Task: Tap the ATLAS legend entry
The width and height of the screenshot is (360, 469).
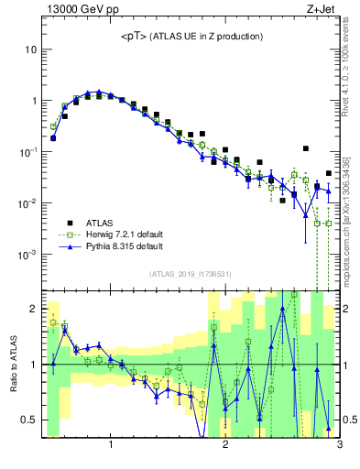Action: [x=101, y=222]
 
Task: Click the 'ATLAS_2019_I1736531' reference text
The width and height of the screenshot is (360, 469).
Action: [x=191, y=274]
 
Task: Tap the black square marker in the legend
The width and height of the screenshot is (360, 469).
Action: [x=70, y=222]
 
